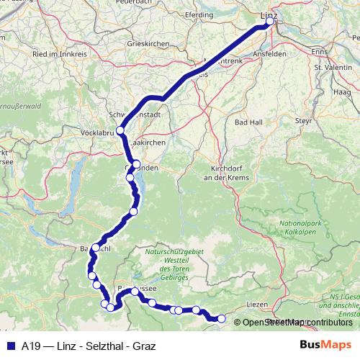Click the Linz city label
(x=269, y=13)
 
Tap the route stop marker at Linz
(x=270, y=22)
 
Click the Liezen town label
(x=257, y=305)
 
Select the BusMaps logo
(x=326, y=345)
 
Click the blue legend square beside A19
(x=9, y=345)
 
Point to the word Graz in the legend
(x=142, y=345)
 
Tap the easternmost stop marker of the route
(x=222, y=318)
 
